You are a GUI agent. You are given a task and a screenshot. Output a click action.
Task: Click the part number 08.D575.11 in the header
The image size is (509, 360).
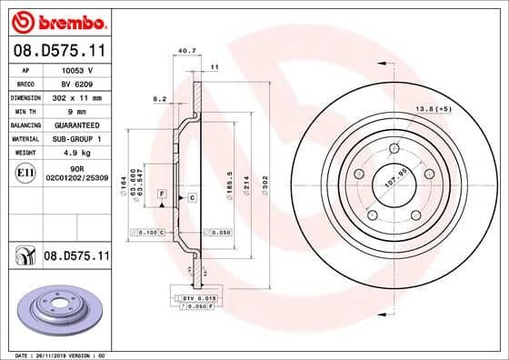coord(58,51)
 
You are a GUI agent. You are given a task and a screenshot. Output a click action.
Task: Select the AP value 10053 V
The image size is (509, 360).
coord(76,69)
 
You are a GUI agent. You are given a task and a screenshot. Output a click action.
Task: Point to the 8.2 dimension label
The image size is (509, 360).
coord(159,98)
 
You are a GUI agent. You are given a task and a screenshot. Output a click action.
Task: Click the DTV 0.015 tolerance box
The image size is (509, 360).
coord(194,298)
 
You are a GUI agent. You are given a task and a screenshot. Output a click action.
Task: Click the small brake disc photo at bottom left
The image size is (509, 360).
coord(59,307)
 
